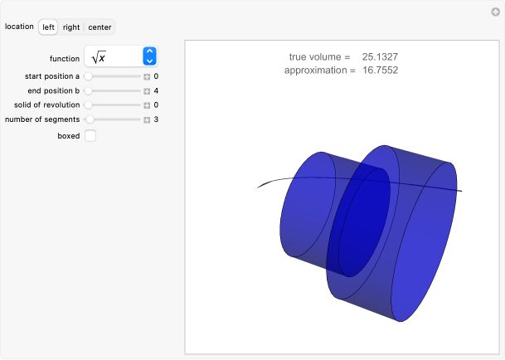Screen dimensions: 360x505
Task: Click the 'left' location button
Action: click(x=49, y=27)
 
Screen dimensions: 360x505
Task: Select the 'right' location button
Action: click(x=71, y=27)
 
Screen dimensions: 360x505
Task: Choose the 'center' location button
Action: click(x=100, y=27)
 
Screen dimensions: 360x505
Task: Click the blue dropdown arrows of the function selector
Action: click(x=149, y=57)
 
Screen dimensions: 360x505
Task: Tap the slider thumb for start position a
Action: click(x=88, y=75)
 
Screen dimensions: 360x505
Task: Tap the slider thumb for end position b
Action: click(x=88, y=90)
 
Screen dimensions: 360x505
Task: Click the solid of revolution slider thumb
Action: click(x=88, y=105)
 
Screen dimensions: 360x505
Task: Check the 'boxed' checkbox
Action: click(x=90, y=135)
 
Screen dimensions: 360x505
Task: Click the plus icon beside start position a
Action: click(x=147, y=75)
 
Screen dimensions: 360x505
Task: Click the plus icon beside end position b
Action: click(x=147, y=90)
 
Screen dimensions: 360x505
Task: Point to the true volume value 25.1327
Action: click(x=380, y=56)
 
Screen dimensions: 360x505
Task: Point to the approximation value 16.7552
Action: click(x=380, y=71)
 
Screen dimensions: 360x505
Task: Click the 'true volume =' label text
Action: click(x=319, y=56)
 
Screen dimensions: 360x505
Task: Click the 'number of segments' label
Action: click(x=42, y=119)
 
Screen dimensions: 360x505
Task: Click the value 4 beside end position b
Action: click(x=156, y=90)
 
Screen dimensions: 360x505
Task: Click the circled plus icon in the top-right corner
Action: click(x=495, y=11)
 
